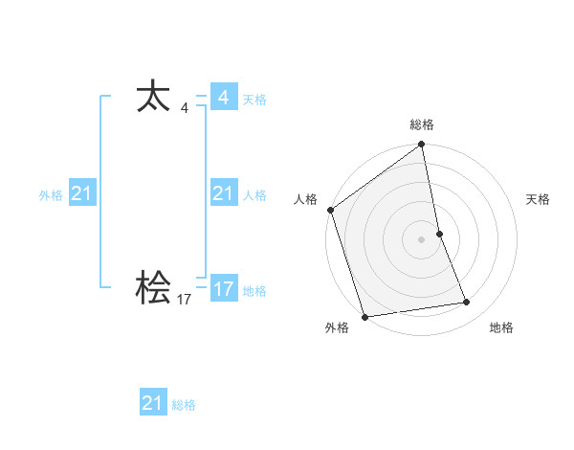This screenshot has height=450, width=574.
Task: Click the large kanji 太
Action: click(153, 97)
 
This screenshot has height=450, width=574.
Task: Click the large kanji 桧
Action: click(153, 287)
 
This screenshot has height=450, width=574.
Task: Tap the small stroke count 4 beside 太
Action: click(185, 108)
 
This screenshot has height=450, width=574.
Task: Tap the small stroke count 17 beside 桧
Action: click(185, 300)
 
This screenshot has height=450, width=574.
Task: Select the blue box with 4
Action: click(223, 98)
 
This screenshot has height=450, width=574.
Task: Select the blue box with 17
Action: click(223, 288)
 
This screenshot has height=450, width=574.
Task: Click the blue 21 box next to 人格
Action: click(223, 193)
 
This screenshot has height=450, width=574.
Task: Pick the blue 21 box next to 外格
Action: click(81, 193)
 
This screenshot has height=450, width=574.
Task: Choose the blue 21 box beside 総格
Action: click(153, 403)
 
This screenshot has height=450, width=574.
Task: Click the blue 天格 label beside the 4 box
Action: click(254, 100)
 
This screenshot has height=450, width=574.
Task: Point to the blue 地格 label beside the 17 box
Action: click(254, 291)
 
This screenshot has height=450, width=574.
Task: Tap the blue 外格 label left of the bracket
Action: click(51, 195)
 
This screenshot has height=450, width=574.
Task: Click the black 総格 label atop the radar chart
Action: click(422, 124)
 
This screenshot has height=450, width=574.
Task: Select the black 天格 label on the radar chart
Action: click(538, 199)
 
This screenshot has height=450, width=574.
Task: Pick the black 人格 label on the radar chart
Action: click(305, 199)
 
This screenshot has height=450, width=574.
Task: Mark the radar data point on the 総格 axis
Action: click(422, 146)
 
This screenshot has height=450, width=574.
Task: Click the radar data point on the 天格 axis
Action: click(439, 234)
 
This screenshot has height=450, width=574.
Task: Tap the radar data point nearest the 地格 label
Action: click(467, 303)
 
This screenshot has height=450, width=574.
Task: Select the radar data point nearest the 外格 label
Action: click(364, 317)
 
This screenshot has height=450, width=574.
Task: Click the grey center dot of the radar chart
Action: click(422, 238)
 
